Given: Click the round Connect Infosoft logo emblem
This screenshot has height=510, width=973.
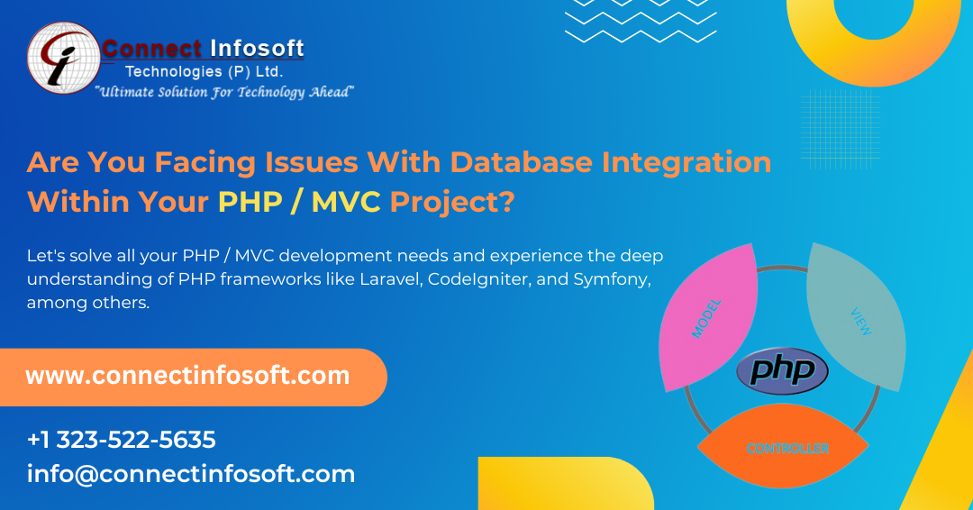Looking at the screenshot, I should [x=62, y=58].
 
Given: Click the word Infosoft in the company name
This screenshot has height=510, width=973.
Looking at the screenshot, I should [x=257, y=48].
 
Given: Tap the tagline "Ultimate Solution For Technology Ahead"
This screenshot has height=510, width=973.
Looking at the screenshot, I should [x=224, y=92].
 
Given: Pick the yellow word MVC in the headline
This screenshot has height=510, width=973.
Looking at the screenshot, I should [x=346, y=202].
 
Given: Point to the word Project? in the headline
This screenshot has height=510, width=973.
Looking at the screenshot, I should [x=452, y=202].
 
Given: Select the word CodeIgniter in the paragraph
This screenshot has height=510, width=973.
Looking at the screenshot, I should [x=486, y=280].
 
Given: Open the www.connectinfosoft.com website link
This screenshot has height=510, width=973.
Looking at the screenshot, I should [x=187, y=376].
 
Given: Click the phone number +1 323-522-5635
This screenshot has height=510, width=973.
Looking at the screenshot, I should [x=122, y=440].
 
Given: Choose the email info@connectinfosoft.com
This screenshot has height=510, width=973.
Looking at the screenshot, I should [x=191, y=474].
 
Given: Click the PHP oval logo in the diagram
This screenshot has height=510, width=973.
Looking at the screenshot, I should [x=782, y=371].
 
